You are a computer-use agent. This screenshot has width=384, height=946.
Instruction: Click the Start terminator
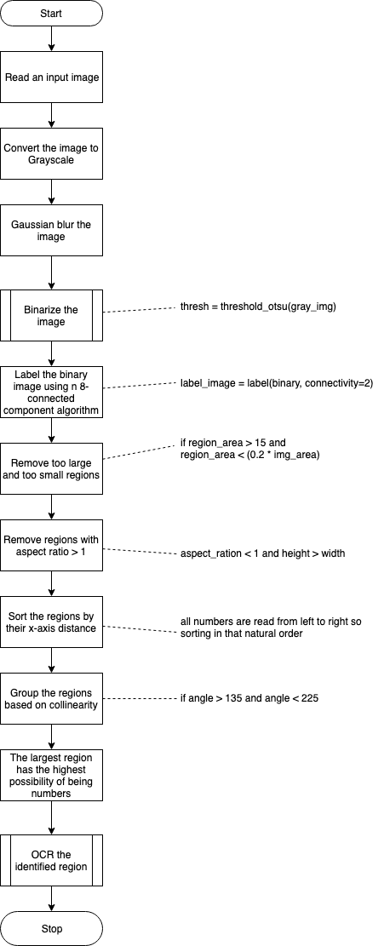tap(51, 14)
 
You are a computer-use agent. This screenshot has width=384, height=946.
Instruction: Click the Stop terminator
tap(51, 928)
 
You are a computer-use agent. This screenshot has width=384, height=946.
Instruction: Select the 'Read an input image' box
tap(51, 77)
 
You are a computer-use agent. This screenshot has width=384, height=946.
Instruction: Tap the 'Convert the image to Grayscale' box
tap(51, 153)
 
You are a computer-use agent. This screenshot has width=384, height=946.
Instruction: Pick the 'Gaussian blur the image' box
tap(51, 230)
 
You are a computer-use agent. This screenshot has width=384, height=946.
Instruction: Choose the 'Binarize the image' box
tap(51, 316)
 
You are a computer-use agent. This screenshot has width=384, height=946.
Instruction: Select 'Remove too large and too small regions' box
tap(51, 469)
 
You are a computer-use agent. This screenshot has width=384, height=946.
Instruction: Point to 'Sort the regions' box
tap(51, 622)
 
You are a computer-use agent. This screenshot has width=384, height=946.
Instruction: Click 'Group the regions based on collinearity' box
tap(51, 698)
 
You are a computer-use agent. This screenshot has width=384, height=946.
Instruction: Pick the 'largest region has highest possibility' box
tap(51, 775)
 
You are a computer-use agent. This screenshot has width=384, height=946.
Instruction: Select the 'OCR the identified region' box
tap(51, 860)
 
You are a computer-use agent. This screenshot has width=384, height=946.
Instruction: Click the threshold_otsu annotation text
tap(258, 307)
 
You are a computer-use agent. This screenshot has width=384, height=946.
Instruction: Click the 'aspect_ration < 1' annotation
tap(262, 553)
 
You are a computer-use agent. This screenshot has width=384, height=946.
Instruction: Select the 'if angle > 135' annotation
tap(249, 698)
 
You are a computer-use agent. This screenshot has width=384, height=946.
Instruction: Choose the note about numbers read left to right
tap(271, 627)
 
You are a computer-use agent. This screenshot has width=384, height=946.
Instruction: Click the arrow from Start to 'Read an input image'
tap(51, 39)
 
